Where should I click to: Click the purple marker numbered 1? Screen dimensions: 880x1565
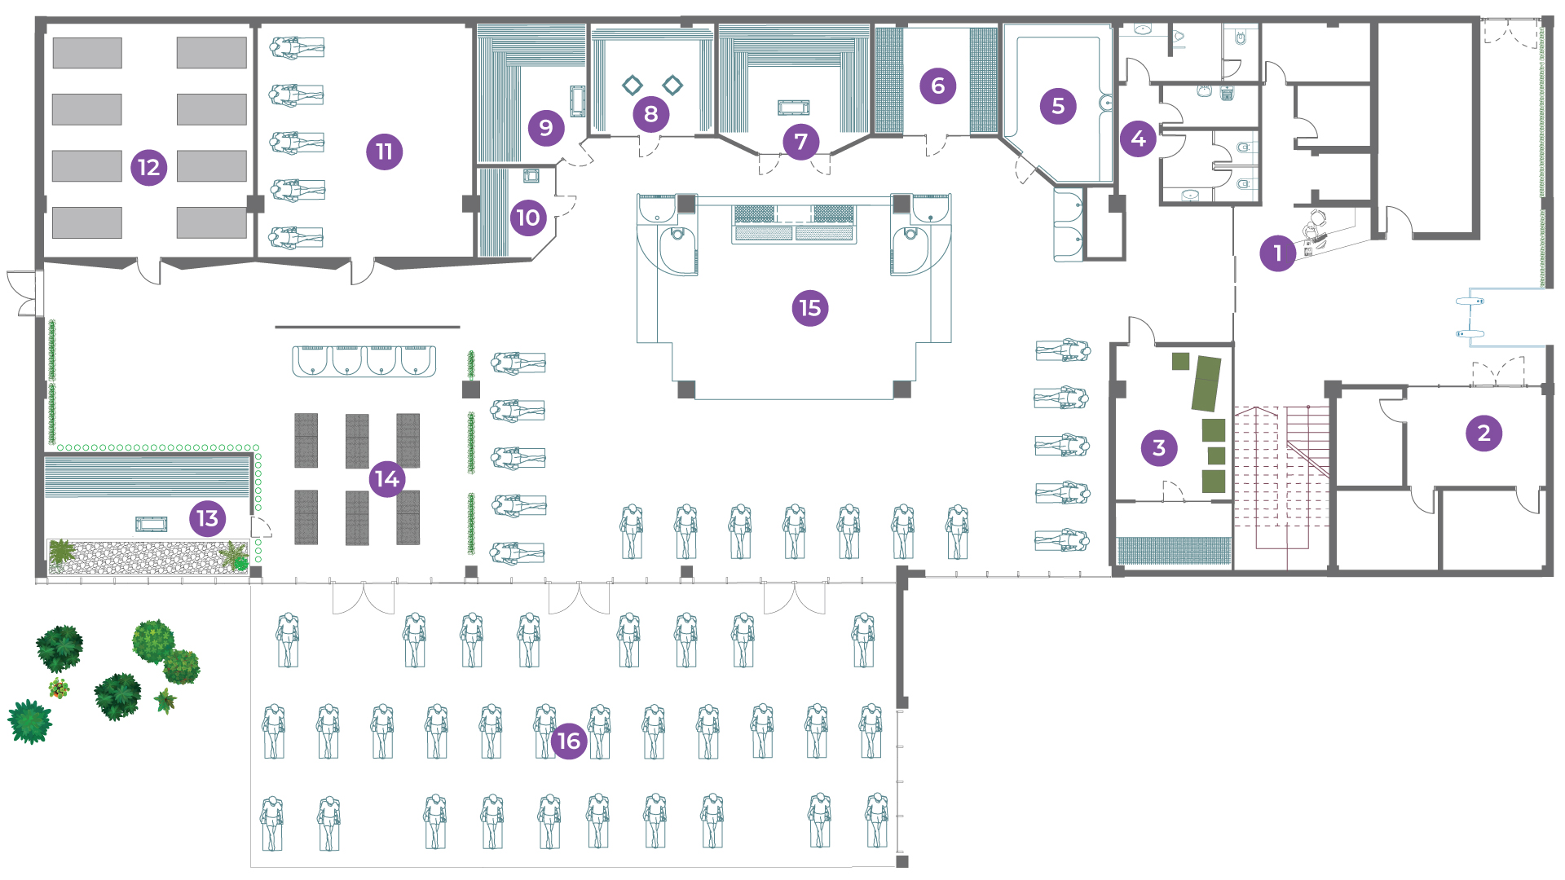pyautogui.click(x=1277, y=253)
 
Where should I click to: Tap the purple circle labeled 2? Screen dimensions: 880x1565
pyautogui.click(x=1483, y=433)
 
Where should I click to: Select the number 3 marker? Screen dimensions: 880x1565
pyautogui.click(x=1158, y=447)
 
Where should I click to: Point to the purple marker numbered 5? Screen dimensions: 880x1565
pyautogui.click(x=1057, y=106)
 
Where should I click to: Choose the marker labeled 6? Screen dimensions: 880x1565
pyautogui.click(x=937, y=86)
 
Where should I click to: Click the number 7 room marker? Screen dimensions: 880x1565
pyautogui.click(x=800, y=142)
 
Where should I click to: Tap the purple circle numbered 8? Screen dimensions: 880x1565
pyautogui.click(x=650, y=114)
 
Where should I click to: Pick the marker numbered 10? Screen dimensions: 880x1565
pyautogui.click(x=528, y=218)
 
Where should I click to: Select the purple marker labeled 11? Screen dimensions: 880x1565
pyautogui.click(x=384, y=152)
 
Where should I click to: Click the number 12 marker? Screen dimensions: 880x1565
pyautogui.click(x=148, y=168)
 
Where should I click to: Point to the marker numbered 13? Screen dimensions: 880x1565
pyautogui.click(x=207, y=518)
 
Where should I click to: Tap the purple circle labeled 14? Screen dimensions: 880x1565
pyautogui.click(x=387, y=478)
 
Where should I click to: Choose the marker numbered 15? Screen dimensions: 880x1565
pyautogui.click(x=809, y=308)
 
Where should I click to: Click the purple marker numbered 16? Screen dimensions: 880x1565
pyautogui.click(x=568, y=741)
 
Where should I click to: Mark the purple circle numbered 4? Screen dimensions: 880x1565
pyautogui.click(x=1138, y=139)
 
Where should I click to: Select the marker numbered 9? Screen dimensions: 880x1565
pyautogui.click(x=545, y=127)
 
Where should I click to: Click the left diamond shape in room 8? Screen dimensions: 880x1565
pyautogui.click(x=632, y=85)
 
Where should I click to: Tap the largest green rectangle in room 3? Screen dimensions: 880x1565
pyautogui.click(x=1206, y=383)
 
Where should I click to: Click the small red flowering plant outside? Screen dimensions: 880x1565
pyautogui.click(x=59, y=689)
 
